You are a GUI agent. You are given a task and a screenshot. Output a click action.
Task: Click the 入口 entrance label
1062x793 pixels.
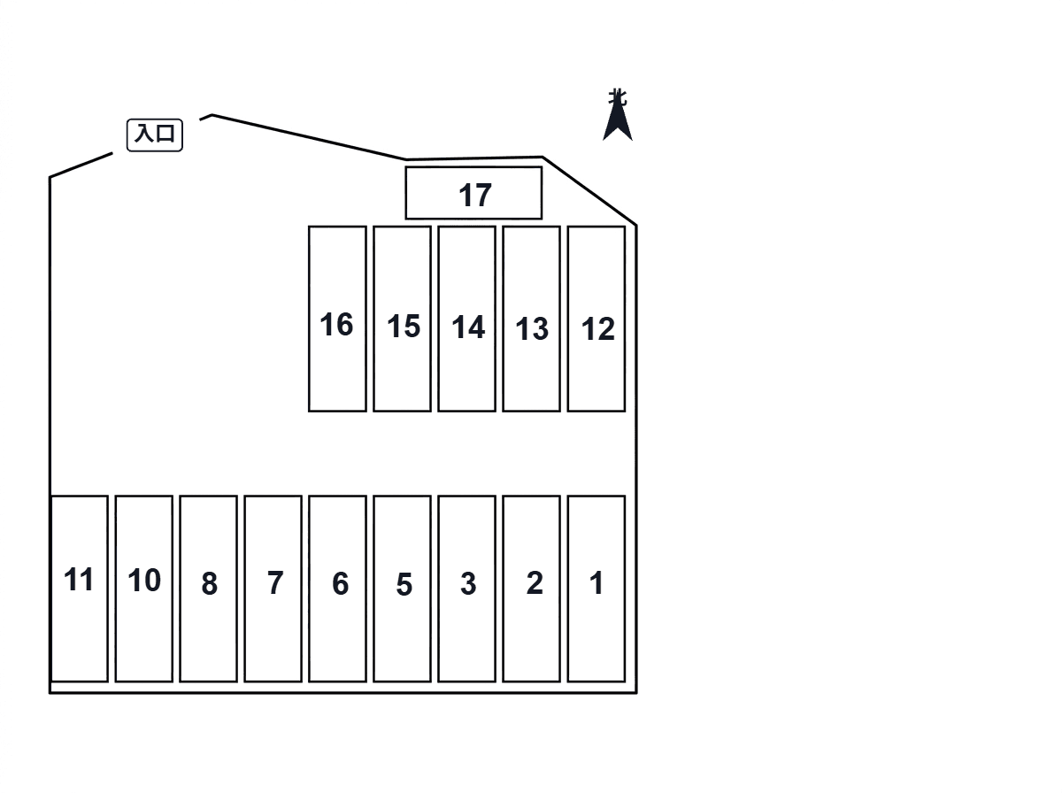coord(154,135)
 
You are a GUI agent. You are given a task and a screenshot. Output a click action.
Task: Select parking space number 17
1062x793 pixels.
coord(473,193)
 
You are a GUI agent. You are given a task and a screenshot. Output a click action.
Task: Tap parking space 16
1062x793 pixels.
coord(337,319)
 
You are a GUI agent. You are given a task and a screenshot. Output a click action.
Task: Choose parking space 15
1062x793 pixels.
coord(402,319)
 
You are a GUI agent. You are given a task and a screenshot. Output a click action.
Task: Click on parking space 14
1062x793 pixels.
coord(467,319)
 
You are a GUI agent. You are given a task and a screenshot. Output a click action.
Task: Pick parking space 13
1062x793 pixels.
coord(531,319)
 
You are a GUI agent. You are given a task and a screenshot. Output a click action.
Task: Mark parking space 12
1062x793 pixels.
coord(596,319)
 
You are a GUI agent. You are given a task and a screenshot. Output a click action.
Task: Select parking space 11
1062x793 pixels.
coord(80,589)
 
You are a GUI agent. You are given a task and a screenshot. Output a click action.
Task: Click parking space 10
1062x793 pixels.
coord(143,589)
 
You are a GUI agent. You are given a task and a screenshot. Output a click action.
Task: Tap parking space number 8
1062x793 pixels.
coord(209,589)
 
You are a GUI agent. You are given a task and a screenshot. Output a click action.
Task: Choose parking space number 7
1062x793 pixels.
coord(273,589)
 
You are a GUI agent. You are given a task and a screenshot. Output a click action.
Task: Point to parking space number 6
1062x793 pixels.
coord(337,589)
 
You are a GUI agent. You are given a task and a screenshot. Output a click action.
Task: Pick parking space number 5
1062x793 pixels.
coord(402,589)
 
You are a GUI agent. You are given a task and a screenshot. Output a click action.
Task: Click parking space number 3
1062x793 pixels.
coord(467,589)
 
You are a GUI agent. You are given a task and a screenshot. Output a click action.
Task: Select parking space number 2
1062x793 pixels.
coord(531,589)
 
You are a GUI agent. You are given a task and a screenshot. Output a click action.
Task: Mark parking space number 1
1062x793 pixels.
coord(596,589)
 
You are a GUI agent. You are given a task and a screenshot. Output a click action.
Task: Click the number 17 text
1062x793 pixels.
coord(475,196)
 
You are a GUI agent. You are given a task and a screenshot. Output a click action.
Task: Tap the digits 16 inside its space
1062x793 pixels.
coord(336,324)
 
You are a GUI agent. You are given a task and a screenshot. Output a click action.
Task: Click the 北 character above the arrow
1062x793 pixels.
coord(618,96)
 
